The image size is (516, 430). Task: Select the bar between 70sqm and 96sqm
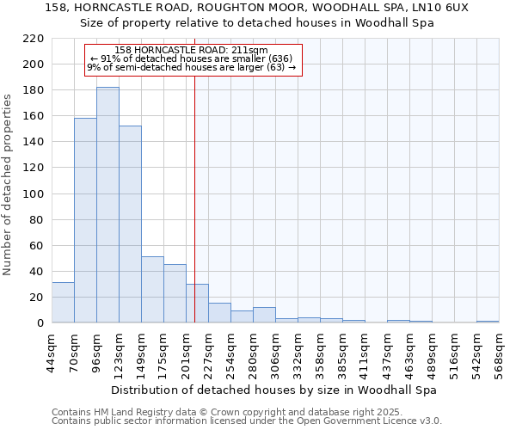tap(85, 220)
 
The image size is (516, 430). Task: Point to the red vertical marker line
tap(195, 189)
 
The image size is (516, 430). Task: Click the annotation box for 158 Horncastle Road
tap(193, 59)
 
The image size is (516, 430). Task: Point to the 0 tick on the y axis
tap(40, 323)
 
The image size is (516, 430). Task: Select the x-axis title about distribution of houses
tap(274, 390)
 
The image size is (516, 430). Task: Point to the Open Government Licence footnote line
tap(247, 421)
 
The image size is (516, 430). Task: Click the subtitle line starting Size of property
tap(258, 23)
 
